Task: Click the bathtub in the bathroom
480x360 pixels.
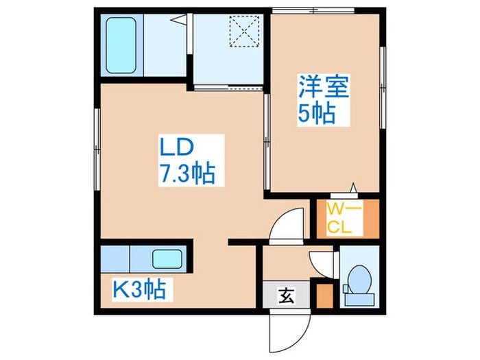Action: [123, 46]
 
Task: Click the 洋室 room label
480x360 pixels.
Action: [324, 88]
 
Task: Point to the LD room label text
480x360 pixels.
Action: [178, 147]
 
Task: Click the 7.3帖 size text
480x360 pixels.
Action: [187, 173]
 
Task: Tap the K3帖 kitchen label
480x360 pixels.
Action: [139, 291]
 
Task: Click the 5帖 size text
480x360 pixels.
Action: [317, 113]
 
